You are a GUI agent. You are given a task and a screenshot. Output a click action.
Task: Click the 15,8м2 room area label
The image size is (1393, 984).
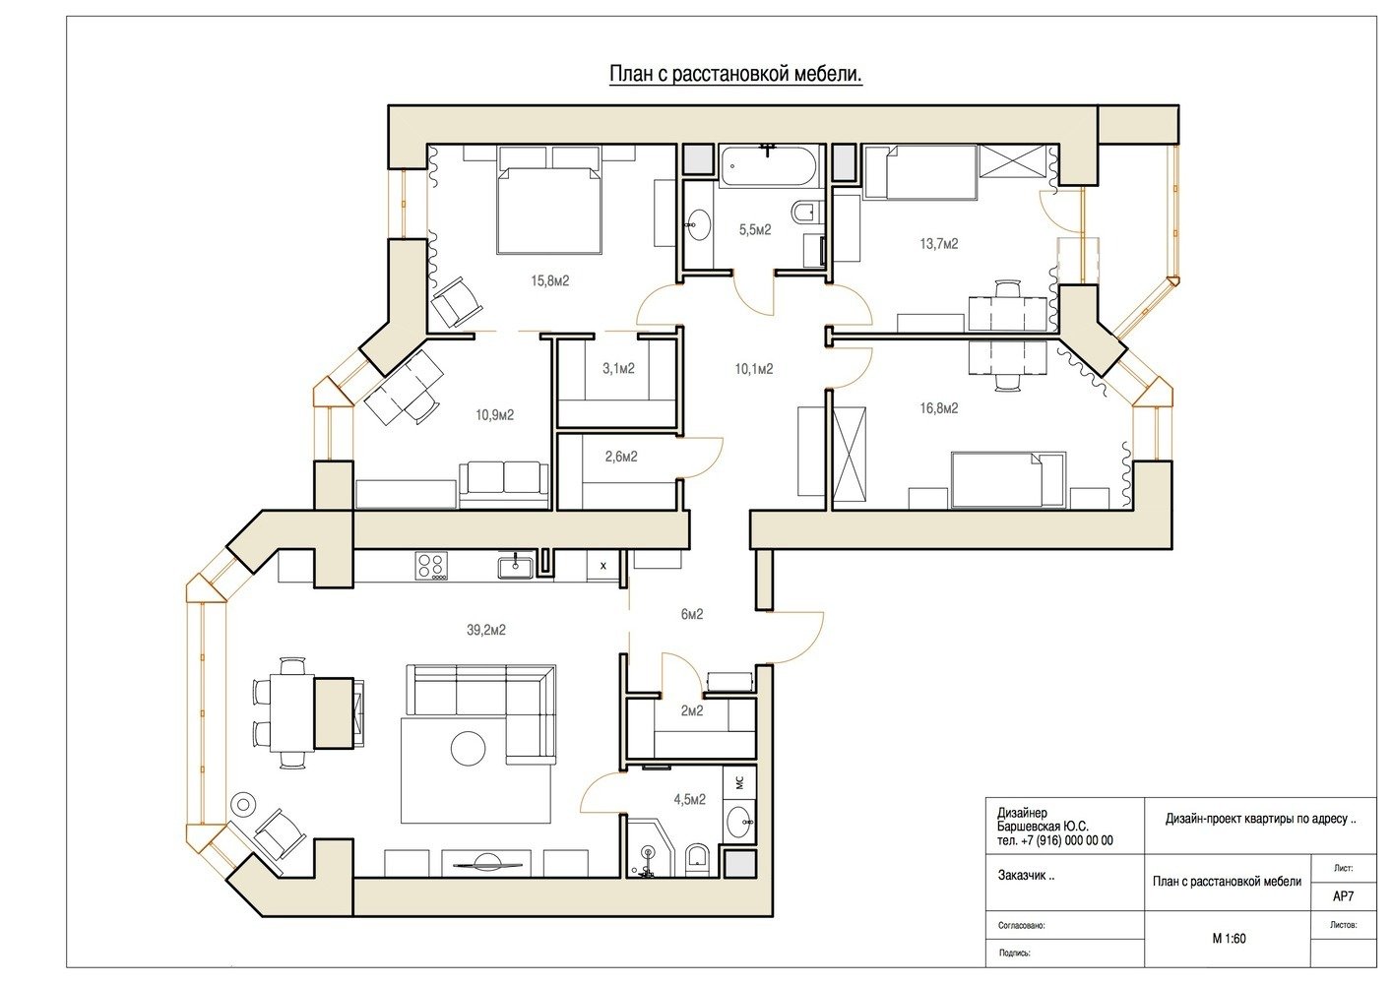tap(549, 281)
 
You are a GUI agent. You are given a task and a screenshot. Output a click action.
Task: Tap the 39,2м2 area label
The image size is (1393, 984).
tap(486, 631)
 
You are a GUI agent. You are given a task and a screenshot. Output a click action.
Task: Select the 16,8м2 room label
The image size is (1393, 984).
tap(939, 408)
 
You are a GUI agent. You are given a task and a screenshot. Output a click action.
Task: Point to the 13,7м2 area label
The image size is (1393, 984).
tap(939, 244)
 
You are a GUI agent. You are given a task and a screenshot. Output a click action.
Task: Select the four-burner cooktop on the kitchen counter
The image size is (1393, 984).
tap(431, 566)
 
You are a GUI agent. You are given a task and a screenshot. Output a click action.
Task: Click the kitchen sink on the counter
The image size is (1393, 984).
tap(515, 566)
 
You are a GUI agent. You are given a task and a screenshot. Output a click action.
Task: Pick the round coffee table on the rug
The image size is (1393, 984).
tap(469, 748)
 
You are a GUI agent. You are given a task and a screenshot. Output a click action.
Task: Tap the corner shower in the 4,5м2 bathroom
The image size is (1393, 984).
tap(650, 849)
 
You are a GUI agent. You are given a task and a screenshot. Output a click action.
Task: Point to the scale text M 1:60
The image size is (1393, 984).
tap(1229, 938)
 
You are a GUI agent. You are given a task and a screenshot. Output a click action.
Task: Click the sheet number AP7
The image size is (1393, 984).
tap(1343, 896)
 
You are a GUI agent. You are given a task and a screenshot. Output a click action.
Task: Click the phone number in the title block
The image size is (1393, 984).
tap(1055, 841)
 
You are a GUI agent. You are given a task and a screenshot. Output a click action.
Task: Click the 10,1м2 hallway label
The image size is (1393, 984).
tap(754, 369)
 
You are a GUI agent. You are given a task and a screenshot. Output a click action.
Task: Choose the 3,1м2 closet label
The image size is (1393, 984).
tap(618, 369)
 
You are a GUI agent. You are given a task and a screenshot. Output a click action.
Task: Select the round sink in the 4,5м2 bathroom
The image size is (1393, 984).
tap(738, 822)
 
